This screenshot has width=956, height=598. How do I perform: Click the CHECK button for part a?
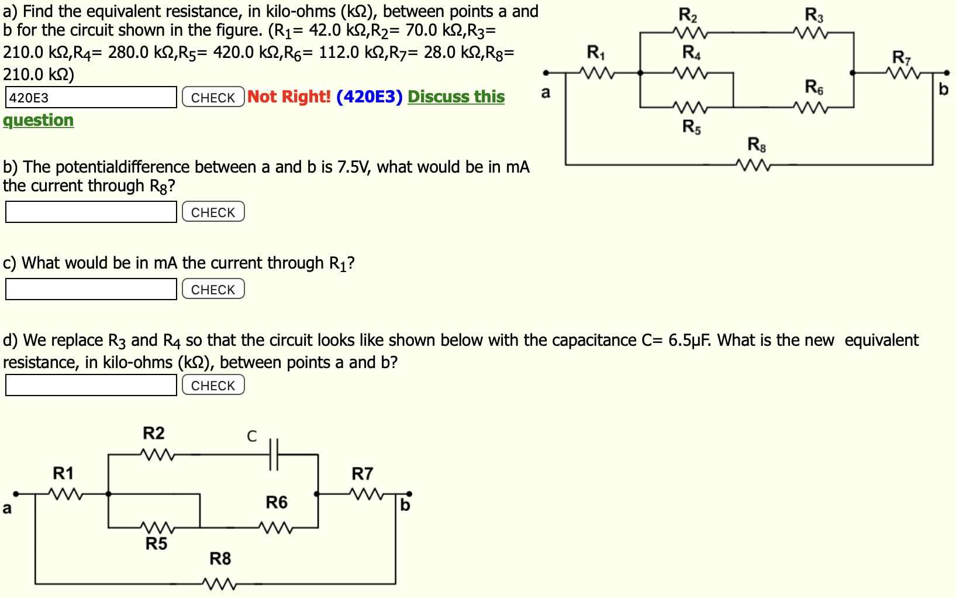[213, 97]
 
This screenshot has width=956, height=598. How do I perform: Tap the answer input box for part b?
[91, 212]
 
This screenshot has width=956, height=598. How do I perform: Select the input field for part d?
[91, 385]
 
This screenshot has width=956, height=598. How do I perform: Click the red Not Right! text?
[289, 97]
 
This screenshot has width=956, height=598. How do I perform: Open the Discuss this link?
[455, 97]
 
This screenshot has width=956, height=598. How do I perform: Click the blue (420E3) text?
[369, 97]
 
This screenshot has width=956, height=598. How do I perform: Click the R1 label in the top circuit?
[596, 53]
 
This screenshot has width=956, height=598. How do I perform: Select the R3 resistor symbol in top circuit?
[812, 33]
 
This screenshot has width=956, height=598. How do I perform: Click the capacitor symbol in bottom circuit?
[274, 454]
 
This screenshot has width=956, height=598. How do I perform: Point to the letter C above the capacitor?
[251, 436]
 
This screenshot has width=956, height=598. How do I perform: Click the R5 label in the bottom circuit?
[156, 544]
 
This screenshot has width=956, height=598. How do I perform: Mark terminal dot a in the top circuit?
[546, 73]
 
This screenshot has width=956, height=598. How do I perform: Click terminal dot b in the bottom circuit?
[409, 494]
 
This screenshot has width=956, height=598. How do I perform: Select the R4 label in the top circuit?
[691, 53]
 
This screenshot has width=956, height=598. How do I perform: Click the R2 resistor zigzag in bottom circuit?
[157, 454]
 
